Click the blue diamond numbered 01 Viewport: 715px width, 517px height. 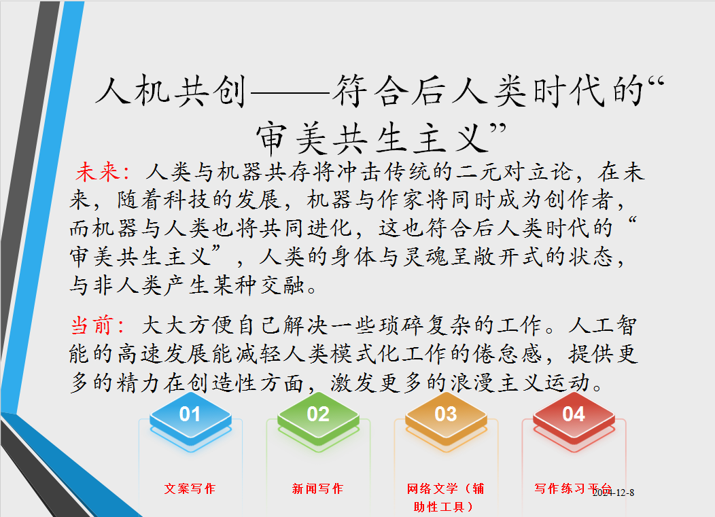(x=190, y=414)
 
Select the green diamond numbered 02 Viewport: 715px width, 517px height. (x=317, y=414)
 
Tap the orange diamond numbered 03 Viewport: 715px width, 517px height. (x=445, y=414)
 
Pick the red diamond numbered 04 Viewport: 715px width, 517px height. (x=573, y=414)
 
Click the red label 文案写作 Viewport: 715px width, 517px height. (x=190, y=488)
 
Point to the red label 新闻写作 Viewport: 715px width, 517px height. (x=317, y=488)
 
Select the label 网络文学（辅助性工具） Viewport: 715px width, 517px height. (x=445, y=497)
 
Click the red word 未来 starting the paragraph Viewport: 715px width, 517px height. (x=101, y=172)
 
